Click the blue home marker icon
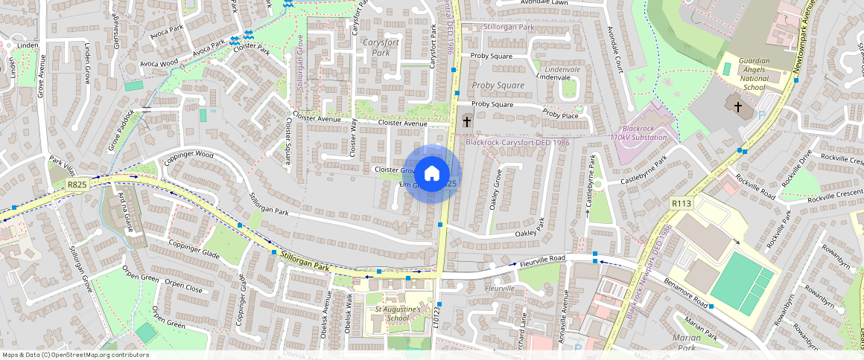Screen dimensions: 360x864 pyautogui.click(x=431, y=174)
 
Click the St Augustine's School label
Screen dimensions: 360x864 pyautogui.click(x=398, y=313)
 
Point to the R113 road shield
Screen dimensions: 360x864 pyautogui.click(x=681, y=202)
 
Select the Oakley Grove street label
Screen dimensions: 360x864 pyautogui.click(x=495, y=191)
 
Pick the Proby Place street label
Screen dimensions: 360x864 pyautogui.click(x=560, y=115)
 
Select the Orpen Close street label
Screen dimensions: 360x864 pyautogui.click(x=183, y=286)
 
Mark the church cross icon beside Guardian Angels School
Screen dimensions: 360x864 pyautogui.click(x=738, y=106)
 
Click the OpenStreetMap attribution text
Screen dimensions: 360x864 pyautogui.click(x=76, y=355)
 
